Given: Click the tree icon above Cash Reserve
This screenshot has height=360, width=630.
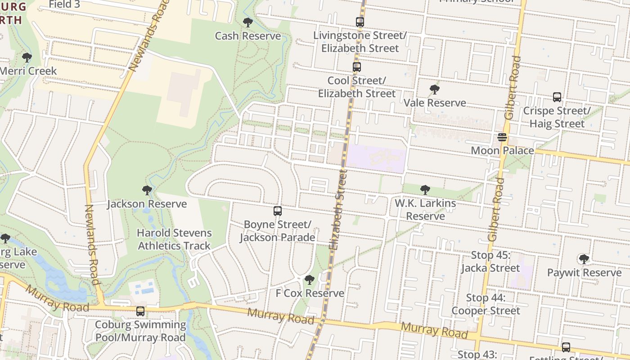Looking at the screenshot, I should click(x=247, y=22).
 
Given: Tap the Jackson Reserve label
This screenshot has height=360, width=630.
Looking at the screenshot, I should click(x=147, y=204).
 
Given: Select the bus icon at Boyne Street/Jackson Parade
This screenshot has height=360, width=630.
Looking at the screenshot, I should click(x=278, y=211).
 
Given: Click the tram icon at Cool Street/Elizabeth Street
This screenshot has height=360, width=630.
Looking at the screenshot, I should click(x=357, y=67).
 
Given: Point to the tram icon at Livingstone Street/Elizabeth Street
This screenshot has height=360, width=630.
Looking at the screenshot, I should click(x=360, y=22).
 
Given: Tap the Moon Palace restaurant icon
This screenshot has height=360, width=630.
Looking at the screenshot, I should click(x=502, y=137).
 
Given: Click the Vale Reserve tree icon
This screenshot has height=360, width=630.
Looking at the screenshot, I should click(x=434, y=90).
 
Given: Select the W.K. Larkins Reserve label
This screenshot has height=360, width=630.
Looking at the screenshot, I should click(x=425, y=210).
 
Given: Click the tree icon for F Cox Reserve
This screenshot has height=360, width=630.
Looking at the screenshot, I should click(x=309, y=280).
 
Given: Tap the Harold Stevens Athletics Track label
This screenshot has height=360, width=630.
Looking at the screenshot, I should click(x=174, y=239).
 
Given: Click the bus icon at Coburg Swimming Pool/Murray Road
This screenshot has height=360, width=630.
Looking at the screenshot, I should click(x=140, y=311).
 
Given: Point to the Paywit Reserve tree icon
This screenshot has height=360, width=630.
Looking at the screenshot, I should click(x=584, y=259).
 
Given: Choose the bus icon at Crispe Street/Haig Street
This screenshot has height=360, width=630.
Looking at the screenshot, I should click(x=557, y=97).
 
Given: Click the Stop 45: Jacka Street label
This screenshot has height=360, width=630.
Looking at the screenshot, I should click(x=490, y=261).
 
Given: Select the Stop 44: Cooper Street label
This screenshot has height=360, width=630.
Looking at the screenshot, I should click(x=486, y=304).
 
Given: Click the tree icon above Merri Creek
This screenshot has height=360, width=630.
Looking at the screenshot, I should click(x=27, y=58).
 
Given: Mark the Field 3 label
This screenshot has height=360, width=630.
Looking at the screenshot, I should click(x=64, y=4).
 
